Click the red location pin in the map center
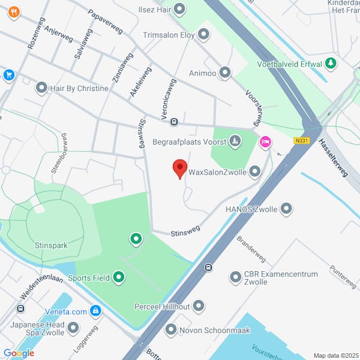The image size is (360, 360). (179, 169)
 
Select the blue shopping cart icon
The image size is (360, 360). (8, 75)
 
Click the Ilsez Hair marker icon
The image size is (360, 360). (179, 10)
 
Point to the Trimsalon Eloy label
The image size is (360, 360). (169, 35)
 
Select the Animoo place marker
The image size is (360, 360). (225, 73)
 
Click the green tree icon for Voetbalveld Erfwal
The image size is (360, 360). (330, 63)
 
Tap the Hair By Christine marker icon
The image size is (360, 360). (41, 88)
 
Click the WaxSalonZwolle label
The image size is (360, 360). (217, 172)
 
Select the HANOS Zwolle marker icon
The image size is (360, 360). (286, 209)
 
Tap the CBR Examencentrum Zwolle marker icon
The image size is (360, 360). (235, 278)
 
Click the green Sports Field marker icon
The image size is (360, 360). (119, 277)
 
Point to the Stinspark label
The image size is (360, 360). (51, 245)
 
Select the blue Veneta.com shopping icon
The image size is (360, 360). (95, 311)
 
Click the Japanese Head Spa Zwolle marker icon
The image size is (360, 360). (73, 328)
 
